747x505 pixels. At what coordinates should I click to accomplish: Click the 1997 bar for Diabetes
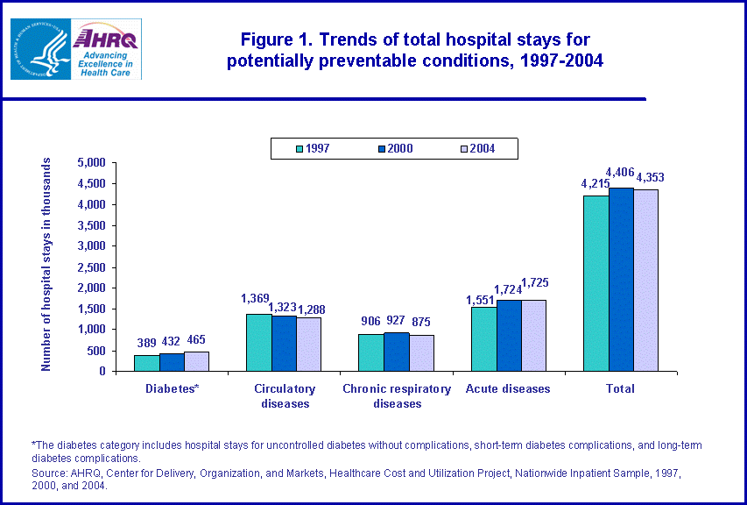146,362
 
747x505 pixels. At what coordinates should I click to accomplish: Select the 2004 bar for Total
646,280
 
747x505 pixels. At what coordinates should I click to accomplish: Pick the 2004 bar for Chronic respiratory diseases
421,352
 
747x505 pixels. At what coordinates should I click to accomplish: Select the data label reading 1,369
257,298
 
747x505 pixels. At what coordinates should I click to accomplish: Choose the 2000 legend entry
393,148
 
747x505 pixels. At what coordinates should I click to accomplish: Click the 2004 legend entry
476,148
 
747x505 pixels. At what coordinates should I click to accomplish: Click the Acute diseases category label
508,388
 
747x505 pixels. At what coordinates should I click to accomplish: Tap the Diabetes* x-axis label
172,388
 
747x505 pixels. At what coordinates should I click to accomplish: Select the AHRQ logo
106,49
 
